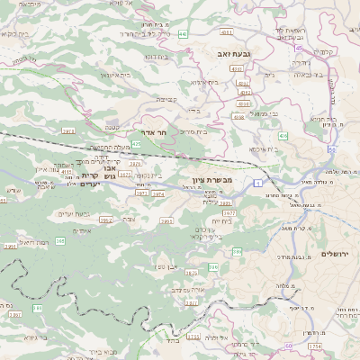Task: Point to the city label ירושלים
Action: click(x=339, y=255)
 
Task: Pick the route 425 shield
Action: click(x=136, y=143)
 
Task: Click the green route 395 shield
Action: click(x=60, y=241)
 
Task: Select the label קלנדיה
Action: click(x=325, y=51)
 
